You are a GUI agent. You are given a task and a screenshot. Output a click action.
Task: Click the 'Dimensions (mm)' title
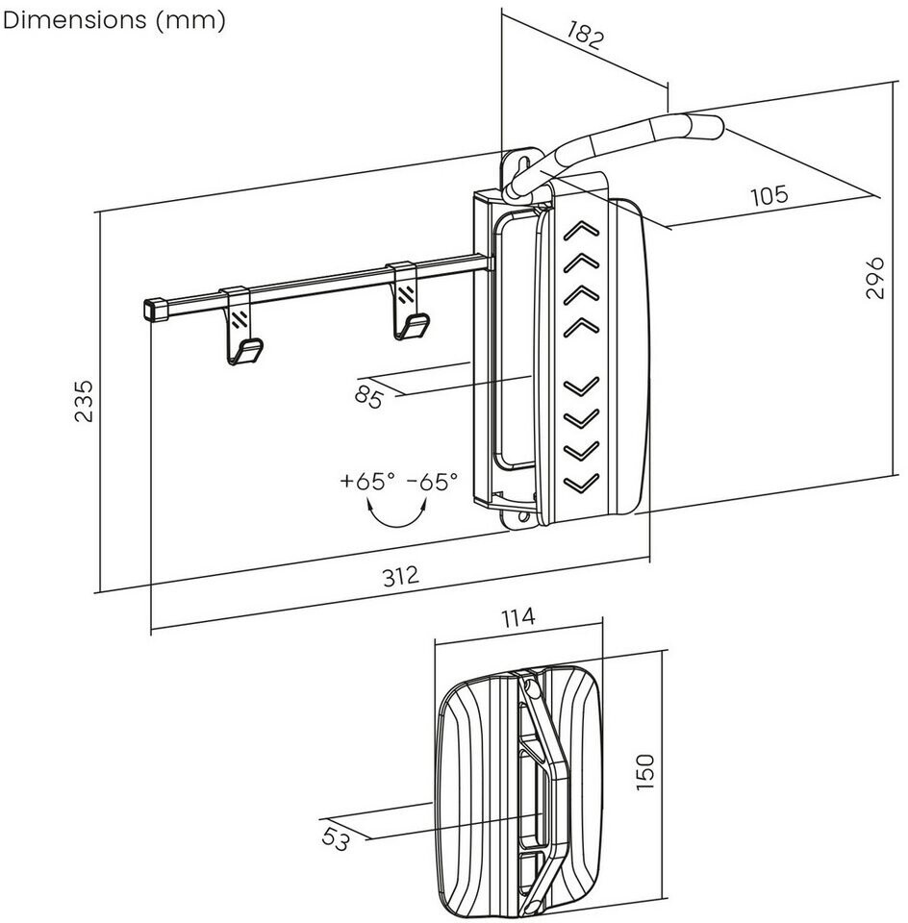pyautogui.click(x=114, y=20)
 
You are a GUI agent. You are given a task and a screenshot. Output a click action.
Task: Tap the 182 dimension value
pyautogui.click(x=586, y=36)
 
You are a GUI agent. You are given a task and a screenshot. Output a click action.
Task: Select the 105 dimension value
pyautogui.click(x=769, y=195)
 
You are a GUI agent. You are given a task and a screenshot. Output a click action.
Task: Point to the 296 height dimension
pyautogui.click(x=875, y=277)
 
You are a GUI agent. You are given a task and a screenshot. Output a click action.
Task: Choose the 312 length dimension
pyautogui.click(x=401, y=576)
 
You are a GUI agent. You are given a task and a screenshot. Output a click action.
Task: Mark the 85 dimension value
pyautogui.click(x=369, y=396)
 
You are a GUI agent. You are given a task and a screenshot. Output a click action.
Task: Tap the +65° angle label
pyautogui.click(x=367, y=481)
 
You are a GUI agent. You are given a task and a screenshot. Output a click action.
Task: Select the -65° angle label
pyautogui.click(x=432, y=481)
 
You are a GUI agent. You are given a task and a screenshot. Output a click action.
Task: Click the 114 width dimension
pyautogui.click(x=518, y=617)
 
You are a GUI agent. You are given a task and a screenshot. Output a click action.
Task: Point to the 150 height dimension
pyautogui.click(x=644, y=772)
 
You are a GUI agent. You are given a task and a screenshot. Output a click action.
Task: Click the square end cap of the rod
pyautogui.click(x=153, y=309)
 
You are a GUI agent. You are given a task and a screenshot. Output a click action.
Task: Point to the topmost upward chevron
pyautogui.click(x=582, y=232)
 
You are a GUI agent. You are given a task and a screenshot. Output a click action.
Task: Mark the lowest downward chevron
pyautogui.click(x=582, y=483)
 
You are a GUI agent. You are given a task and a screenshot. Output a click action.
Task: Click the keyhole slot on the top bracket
pyautogui.click(x=522, y=164)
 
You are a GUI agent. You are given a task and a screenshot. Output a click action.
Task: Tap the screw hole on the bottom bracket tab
pyautogui.click(x=522, y=517)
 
